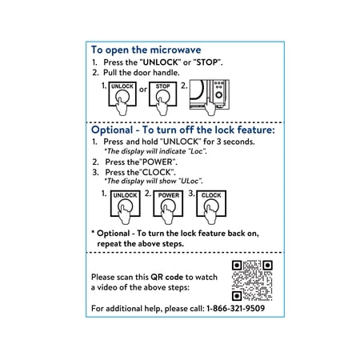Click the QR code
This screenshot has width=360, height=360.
(252, 281)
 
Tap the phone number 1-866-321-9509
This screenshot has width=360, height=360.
(236, 309)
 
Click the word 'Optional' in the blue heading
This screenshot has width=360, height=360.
(112, 130)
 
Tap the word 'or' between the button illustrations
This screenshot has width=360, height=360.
(143, 90)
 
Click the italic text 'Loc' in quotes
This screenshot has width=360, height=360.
(197, 151)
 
